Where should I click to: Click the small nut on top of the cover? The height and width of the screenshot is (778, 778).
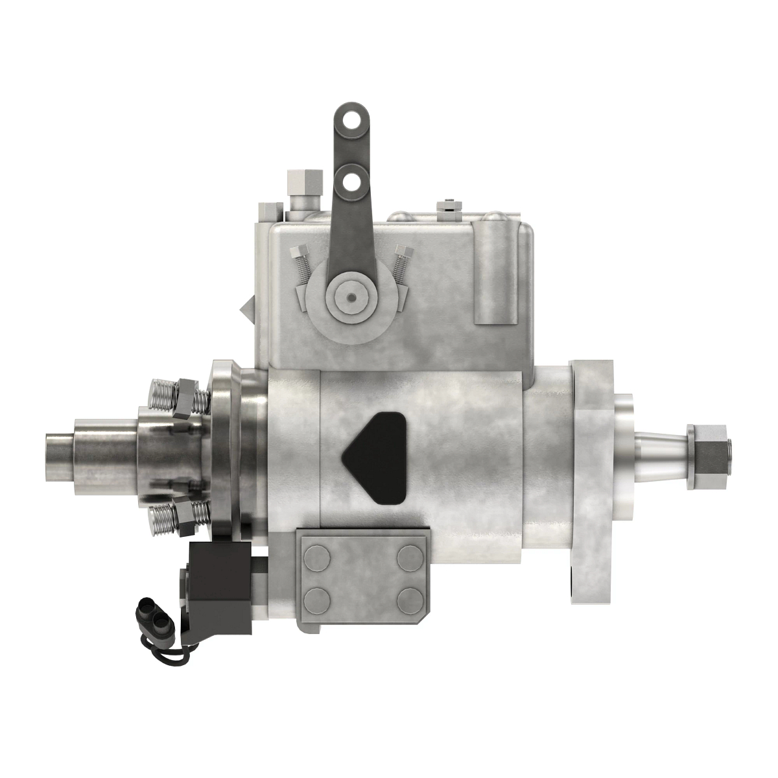point(447,206)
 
